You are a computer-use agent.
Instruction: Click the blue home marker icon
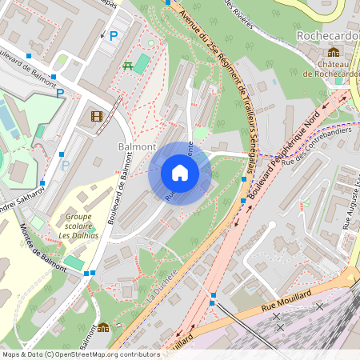(x=180, y=172)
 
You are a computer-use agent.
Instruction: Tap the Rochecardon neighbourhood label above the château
(x=327, y=36)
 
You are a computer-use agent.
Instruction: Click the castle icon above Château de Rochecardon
(x=333, y=52)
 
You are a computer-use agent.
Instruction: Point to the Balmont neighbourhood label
(x=137, y=147)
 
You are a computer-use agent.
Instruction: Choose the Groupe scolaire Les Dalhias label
(x=77, y=226)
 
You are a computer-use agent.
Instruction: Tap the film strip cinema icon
(x=97, y=117)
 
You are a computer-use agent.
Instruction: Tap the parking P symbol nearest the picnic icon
(x=114, y=36)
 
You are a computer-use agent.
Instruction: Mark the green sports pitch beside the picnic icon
(x=142, y=63)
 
